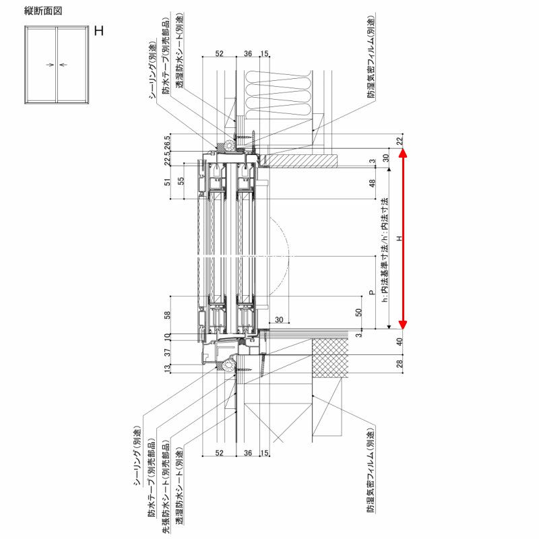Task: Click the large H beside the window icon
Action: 99,31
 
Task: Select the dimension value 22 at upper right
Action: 399,140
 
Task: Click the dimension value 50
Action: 359,312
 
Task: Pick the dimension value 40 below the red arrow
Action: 399,341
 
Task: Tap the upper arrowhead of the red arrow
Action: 402,154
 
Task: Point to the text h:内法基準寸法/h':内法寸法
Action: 385,251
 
